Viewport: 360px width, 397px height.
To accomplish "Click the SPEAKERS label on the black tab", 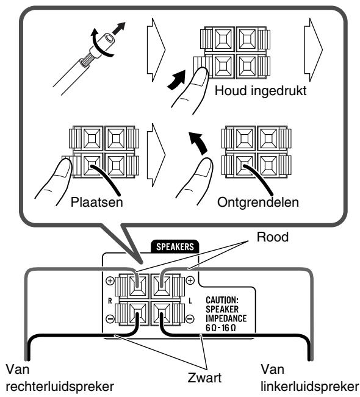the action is pos(175,246).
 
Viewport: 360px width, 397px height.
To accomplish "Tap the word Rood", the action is pos(273,237).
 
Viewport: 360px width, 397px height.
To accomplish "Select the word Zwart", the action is pos(204,377).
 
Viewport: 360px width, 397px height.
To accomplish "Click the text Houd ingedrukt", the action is pos(261,91).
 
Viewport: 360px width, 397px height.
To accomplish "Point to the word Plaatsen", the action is pos(97,202).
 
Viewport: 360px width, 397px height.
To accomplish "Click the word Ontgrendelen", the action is pos(258,203).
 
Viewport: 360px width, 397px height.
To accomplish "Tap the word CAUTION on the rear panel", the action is pos(222,300).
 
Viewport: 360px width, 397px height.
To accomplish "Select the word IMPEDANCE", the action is pos(226,318).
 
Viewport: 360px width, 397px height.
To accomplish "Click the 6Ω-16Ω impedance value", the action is pos(221,328).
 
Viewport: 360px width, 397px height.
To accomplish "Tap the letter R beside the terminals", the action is pos(110,301).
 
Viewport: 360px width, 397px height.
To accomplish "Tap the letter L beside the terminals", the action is pos(190,301).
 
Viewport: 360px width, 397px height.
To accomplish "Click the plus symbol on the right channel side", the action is pos(110,281).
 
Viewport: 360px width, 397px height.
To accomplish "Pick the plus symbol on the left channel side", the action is pos(190,281).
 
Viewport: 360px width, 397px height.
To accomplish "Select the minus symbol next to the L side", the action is pos(190,319).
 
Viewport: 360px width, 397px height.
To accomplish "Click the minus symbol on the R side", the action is pos(110,319).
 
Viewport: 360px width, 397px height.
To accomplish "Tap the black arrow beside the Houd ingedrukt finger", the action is pos(176,80).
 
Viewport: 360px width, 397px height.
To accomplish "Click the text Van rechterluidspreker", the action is pos(60,378).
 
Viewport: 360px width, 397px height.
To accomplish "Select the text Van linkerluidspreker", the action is pos(310,378).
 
